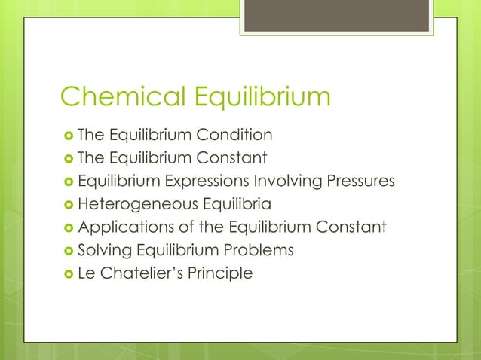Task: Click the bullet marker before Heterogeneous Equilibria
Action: pyautogui.click(x=68, y=205)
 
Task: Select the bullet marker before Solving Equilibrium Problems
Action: pyautogui.click(x=68, y=250)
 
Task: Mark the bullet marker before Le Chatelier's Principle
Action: pyautogui.click(x=68, y=273)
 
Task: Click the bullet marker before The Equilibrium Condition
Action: pyautogui.click(x=68, y=136)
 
